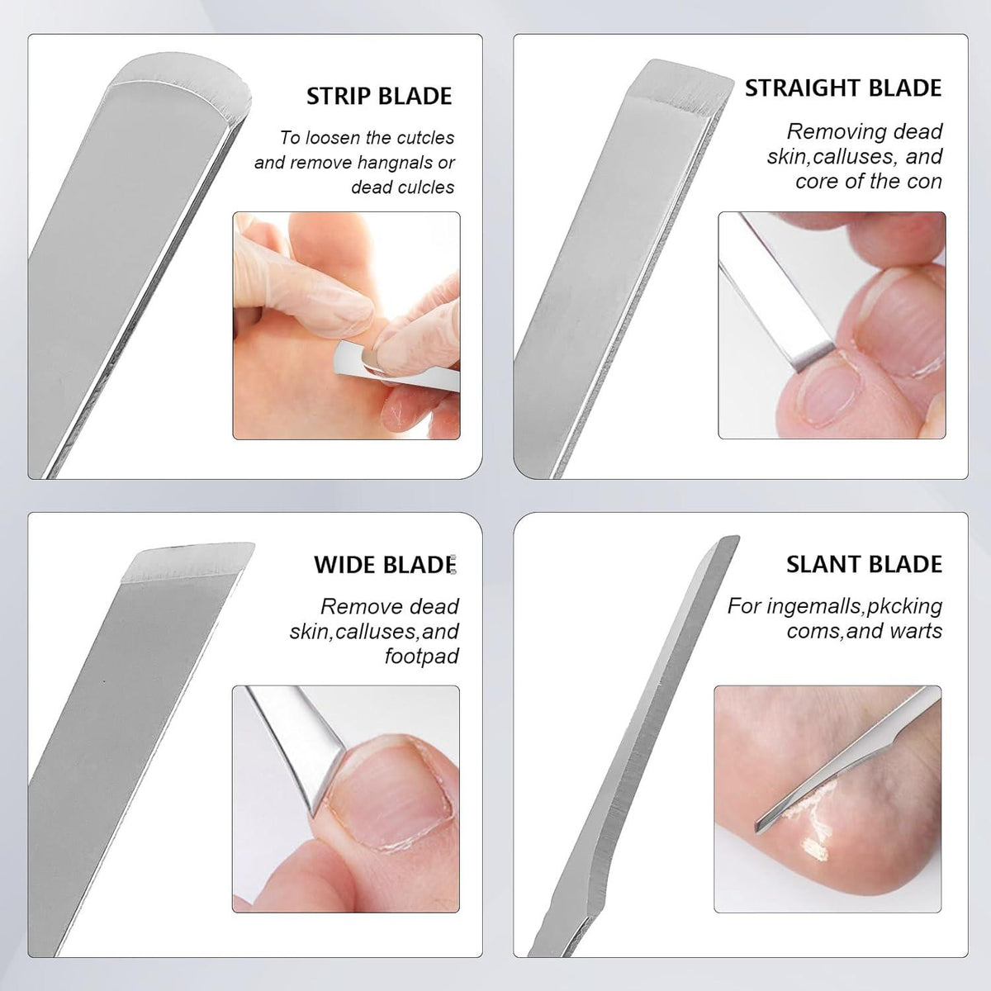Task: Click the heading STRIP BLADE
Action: click(379, 96)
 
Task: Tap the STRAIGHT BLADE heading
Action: click(843, 88)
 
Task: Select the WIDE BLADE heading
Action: click(385, 565)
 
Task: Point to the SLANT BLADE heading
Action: click(864, 564)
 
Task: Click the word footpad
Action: click(422, 657)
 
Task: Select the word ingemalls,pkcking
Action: click(855, 606)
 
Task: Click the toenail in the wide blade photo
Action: click(388, 792)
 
